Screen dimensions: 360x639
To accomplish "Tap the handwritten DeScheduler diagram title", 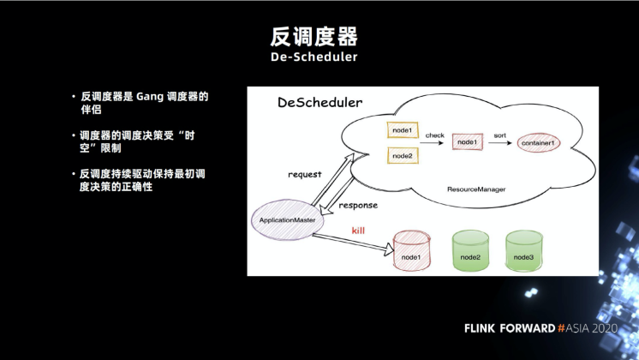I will [319, 103].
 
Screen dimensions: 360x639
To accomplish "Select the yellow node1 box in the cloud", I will [403, 131].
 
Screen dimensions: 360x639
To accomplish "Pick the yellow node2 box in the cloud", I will [403, 156].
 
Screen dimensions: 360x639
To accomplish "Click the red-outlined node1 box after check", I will [467, 141].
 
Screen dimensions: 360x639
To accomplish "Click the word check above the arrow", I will [435, 135].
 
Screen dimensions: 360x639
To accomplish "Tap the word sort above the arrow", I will [500, 135].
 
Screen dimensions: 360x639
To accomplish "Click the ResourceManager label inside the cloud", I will [476, 188].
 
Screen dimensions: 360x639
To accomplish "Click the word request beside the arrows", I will [304, 174].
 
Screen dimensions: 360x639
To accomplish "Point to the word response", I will [358, 205].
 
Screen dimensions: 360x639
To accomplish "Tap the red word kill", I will [359, 231].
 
